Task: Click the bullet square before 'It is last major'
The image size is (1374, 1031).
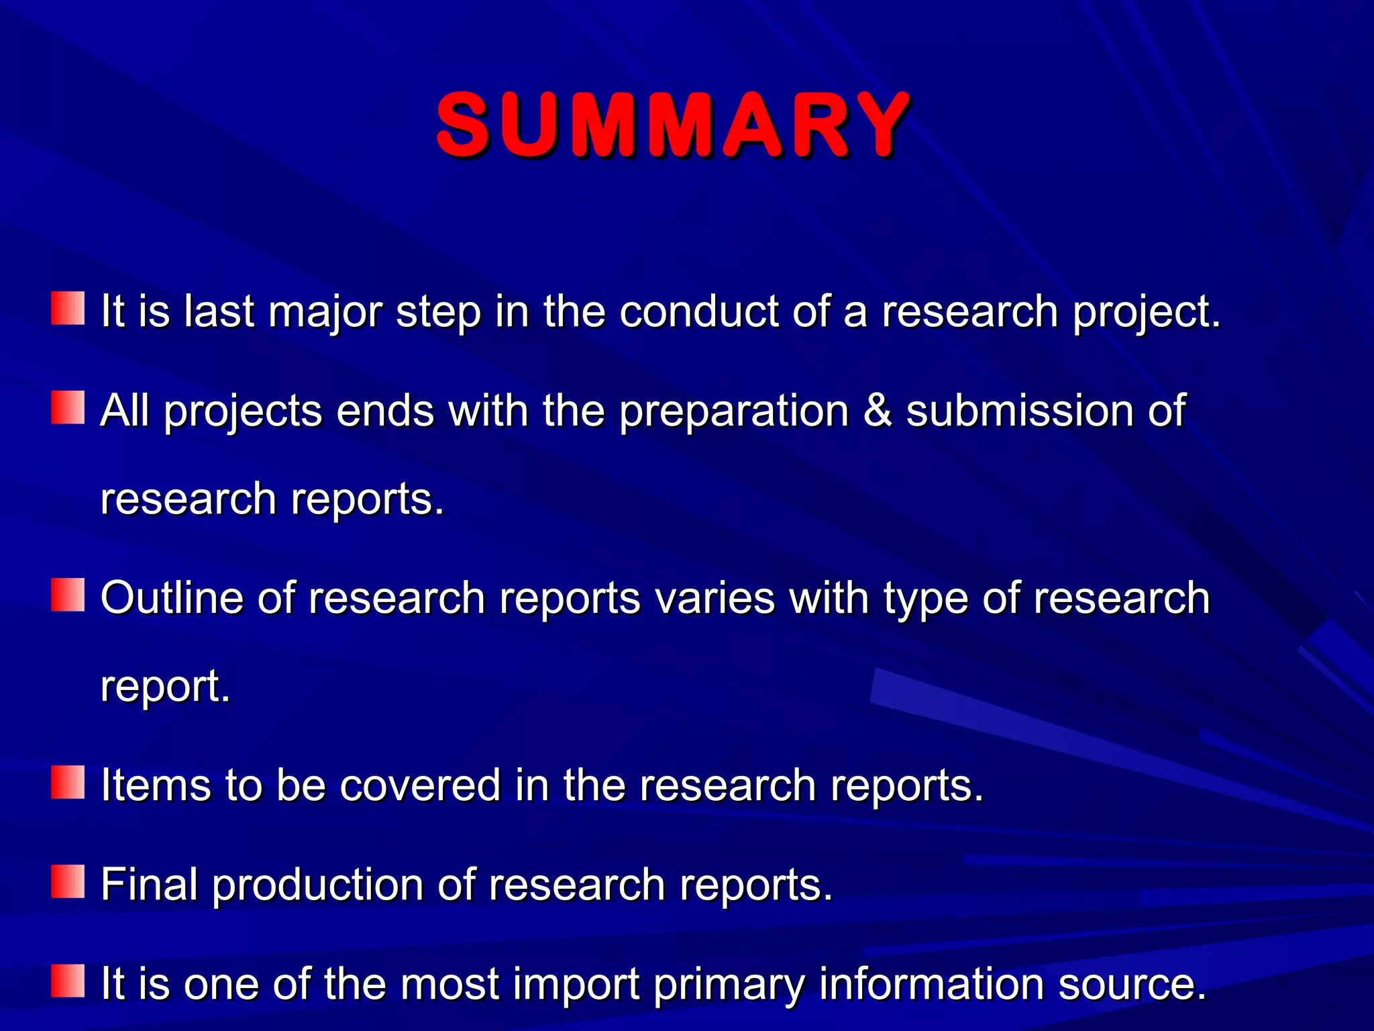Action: pyautogui.click(x=68, y=308)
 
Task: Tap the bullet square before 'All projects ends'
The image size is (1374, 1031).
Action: pyautogui.click(x=68, y=407)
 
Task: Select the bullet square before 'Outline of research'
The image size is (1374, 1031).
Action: pyautogui.click(x=68, y=595)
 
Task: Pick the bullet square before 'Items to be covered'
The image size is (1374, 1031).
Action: pyautogui.click(x=68, y=782)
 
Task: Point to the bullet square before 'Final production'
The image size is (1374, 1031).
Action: pyautogui.click(x=68, y=881)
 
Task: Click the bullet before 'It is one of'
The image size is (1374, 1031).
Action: pyautogui.click(x=68, y=981)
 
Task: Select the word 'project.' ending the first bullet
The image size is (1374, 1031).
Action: pyautogui.click(x=1147, y=313)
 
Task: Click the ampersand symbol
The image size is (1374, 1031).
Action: pyautogui.click(x=878, y=410)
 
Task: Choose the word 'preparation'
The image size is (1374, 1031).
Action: pyautogui.click(x=734, y=411)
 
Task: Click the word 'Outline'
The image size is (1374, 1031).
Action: pyautogui.click(x=172, y=597)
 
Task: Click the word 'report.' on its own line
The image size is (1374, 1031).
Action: pyautogui.click(x=165, y=687)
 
